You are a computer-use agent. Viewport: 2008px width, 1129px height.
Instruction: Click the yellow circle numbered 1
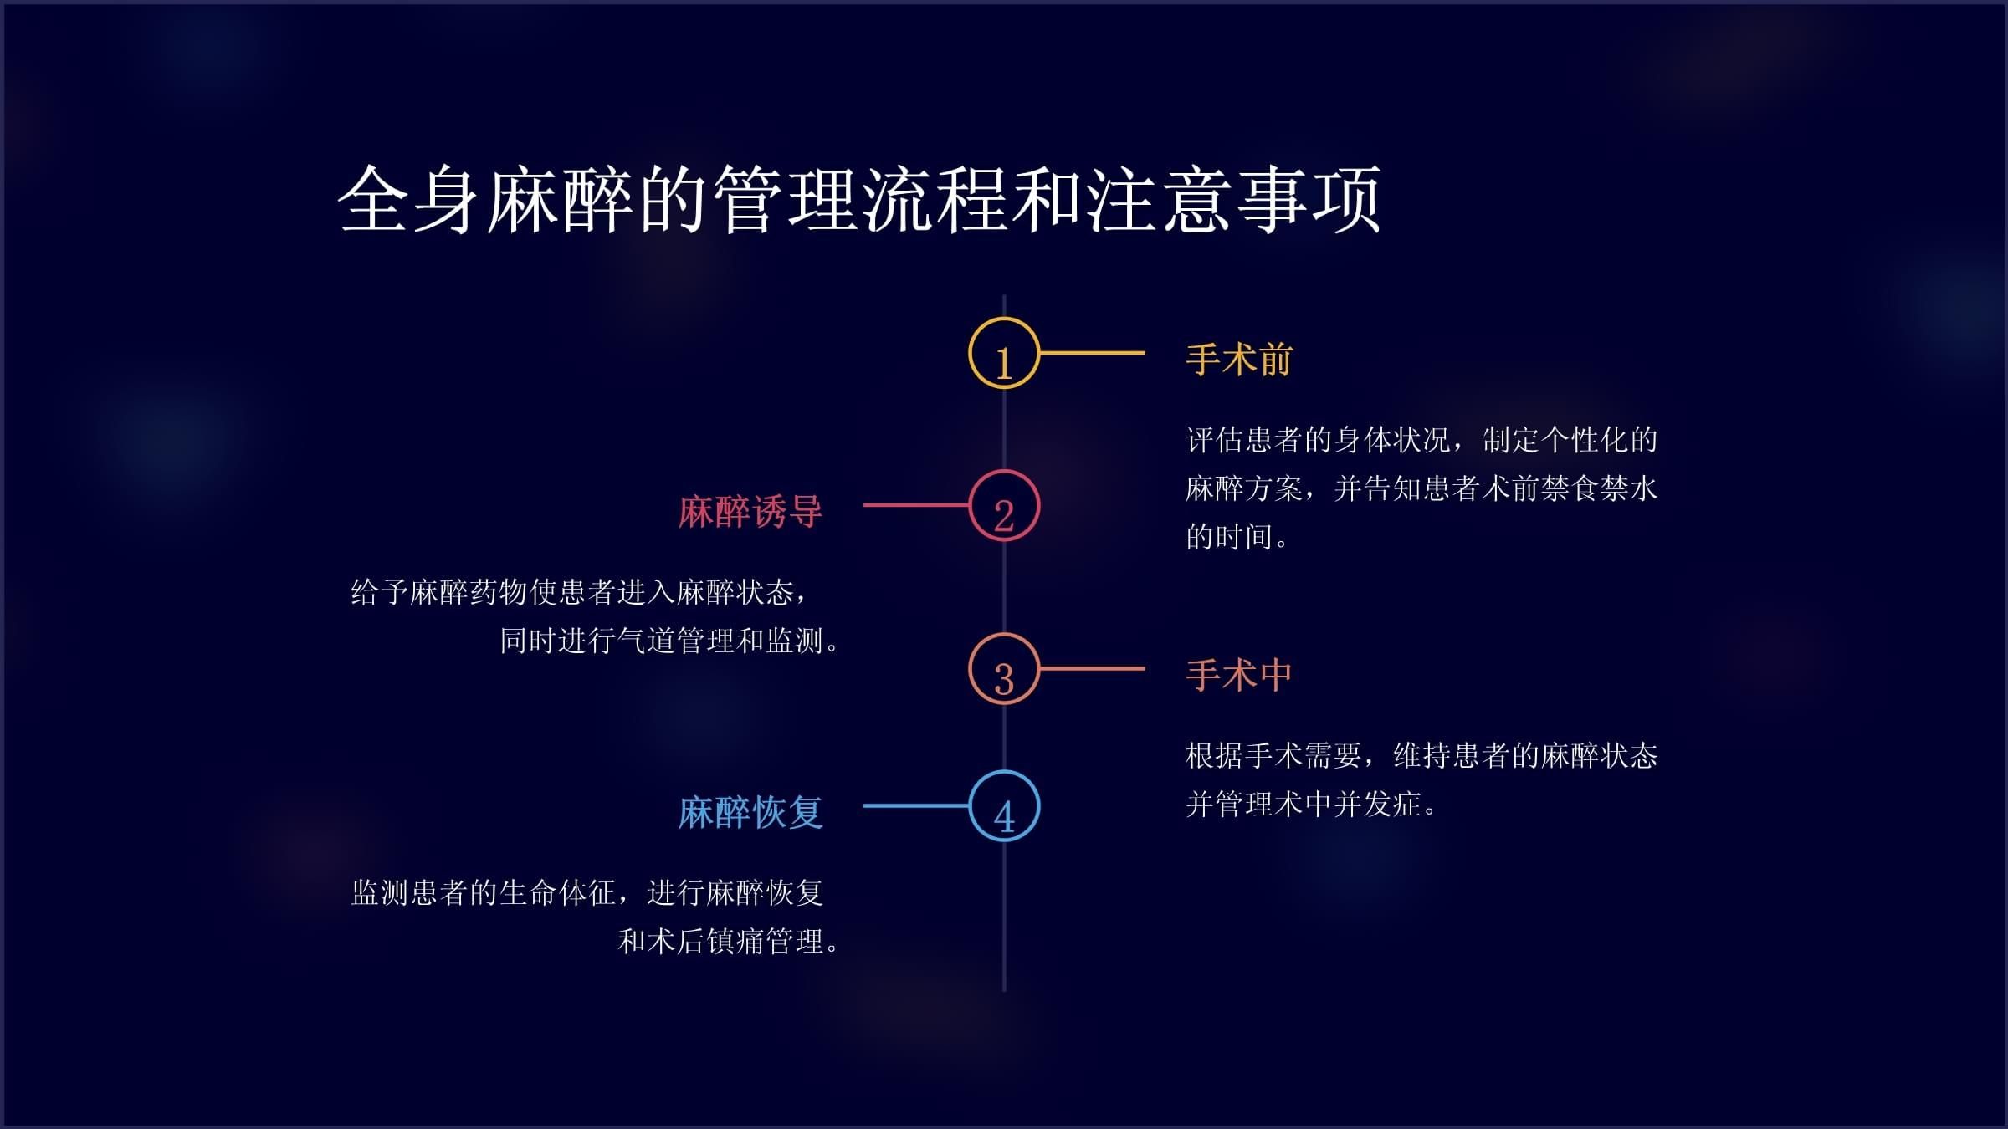[x=1004, y=353]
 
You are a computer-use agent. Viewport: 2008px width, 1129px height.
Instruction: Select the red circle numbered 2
[x=1004, y=506]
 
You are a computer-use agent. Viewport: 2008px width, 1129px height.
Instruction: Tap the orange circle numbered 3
[x=1004, y=669]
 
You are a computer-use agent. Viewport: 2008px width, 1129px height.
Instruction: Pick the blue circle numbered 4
[x=1004, y=805]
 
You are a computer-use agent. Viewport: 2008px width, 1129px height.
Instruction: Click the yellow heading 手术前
[x=1239, y=360]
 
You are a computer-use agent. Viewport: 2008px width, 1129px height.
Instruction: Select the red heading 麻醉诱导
[x=750, y=512]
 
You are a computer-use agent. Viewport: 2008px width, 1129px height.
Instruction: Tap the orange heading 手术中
[x=1239, y=676]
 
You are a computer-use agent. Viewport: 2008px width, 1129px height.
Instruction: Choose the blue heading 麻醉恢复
[x=750, y=812]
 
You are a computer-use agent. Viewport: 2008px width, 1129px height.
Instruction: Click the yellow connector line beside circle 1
[x=1092, y=353]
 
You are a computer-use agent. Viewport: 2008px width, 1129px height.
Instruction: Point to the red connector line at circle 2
[x=916, y=505]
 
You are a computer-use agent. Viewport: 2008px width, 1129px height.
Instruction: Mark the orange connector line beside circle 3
[x=1092, y=668]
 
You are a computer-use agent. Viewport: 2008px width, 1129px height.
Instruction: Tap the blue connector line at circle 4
[x=916, y=805]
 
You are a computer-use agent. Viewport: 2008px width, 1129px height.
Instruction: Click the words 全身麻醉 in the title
[x=485, y=201]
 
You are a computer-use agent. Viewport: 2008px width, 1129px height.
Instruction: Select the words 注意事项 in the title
[x=1234, y=201]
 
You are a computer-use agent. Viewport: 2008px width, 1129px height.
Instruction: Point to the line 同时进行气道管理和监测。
[x=669, y=641]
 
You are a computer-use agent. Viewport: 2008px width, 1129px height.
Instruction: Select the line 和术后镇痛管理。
[x=728, y=942]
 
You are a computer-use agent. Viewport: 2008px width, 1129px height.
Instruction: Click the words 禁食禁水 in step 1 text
[x=1598, y=488]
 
